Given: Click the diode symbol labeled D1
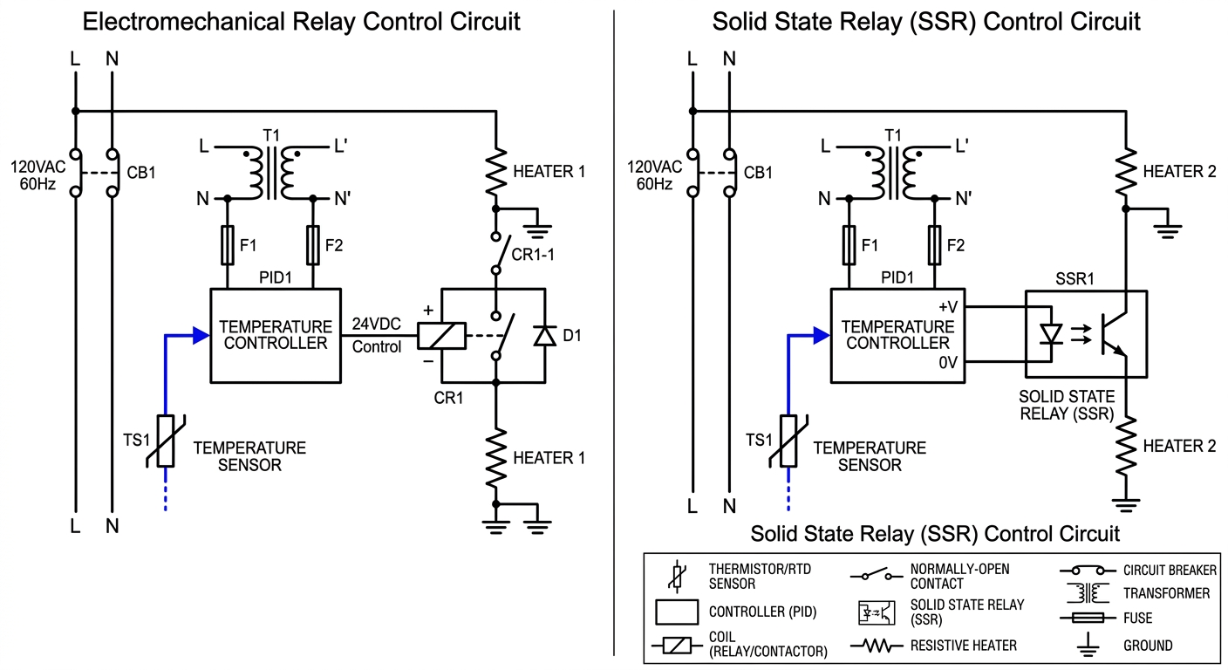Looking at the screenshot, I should click(x=545, y=336).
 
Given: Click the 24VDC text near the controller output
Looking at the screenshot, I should click(x=376, y=325).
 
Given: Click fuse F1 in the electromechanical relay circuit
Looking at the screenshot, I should click(x=228, y=245).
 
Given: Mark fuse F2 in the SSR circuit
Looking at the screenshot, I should click(x=934, y=245).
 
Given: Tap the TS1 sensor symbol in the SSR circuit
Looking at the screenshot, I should click(x=788, y=441).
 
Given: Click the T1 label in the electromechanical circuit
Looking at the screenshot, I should click(x=270, y=134).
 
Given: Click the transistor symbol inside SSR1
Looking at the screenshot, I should click(x=1110, y=334).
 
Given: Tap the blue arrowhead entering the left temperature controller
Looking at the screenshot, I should click(x=201, y=335).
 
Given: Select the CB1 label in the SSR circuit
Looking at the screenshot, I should click(x=758, y=173).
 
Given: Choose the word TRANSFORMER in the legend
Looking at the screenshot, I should click(x=1166, y=593).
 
